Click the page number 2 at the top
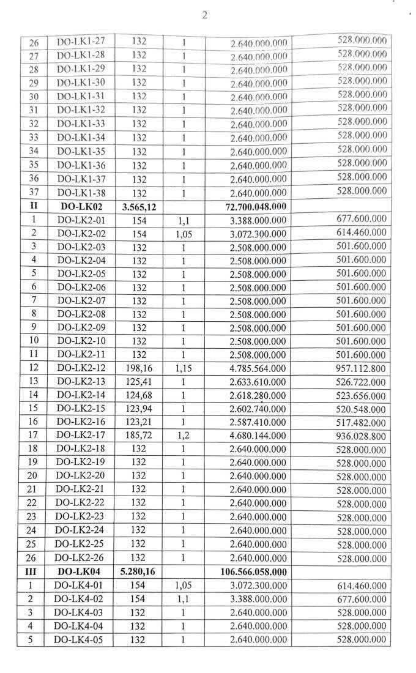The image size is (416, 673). (x=204, y=15)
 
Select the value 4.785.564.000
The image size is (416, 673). (x=258, y=368)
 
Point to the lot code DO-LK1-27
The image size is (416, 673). (x=80, y=42)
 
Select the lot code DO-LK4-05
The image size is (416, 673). (x=78, y=639)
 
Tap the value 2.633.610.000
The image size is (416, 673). (x=258, y=382)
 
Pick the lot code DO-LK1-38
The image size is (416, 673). (x=80, y=193)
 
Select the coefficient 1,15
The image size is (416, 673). (x=182, y=368)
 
